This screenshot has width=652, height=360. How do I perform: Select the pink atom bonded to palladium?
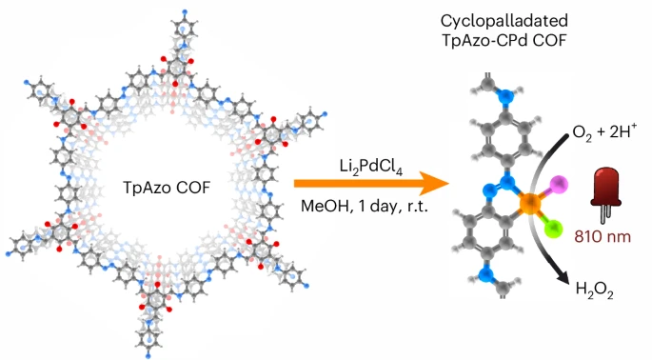pos(559,183)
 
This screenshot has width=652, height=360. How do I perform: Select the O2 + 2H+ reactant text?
pos(603,131)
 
